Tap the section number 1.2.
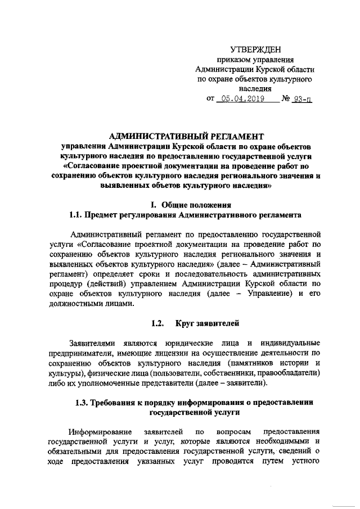[x=158, y=323]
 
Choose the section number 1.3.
[x=83, y=403]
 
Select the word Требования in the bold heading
[x=118, y=403]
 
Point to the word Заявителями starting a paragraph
[x=91, y=343]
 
